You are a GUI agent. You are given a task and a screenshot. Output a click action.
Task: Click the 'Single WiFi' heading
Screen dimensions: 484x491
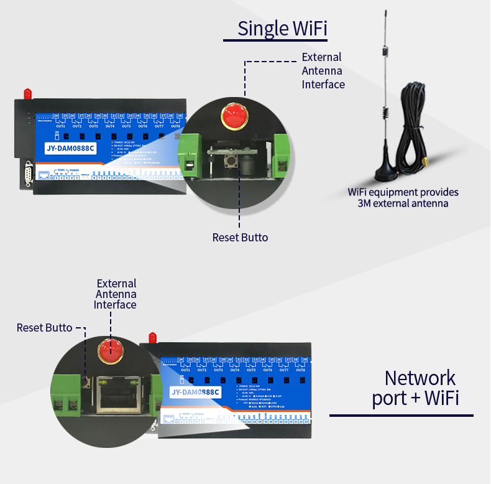pos(282,29)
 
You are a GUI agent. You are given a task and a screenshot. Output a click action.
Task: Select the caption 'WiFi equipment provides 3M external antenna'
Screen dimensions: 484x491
pos(403,198)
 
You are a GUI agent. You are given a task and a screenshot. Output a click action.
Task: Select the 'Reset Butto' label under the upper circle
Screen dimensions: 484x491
pos(241,237)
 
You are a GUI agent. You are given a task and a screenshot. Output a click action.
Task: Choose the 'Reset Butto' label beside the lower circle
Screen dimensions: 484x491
pos(44,327)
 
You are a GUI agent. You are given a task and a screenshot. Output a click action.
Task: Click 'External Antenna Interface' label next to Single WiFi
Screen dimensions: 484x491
pos(323,70)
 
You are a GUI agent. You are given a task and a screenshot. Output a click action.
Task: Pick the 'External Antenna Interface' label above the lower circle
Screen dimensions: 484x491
pos(115,294)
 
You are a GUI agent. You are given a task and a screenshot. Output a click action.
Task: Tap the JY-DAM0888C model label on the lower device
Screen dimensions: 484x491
pos(195,392)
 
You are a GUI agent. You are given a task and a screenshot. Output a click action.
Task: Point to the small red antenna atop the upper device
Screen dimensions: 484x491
pos(27,93)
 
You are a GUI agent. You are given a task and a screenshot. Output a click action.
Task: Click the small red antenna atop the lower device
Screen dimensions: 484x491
pos(152,337)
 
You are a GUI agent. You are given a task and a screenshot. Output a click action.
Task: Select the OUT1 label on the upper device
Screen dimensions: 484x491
pos(60,126)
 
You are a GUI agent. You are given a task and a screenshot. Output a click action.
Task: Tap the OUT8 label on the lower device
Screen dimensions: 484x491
pos(301,370)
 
